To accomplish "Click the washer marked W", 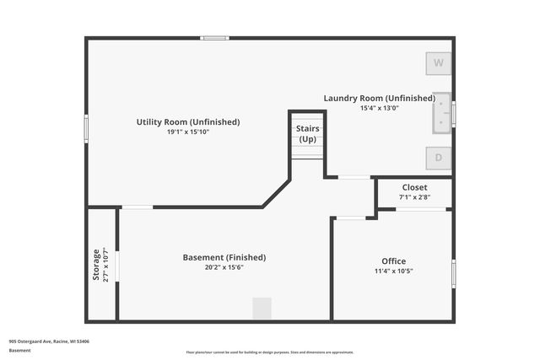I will tap(438, 63).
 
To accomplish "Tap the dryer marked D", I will tap(438, 157).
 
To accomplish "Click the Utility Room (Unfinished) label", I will tap(188, 122).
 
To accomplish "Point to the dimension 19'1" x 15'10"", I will tap(188, 132).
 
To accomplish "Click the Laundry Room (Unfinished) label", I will tap(380, 98).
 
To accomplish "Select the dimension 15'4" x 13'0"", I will tap(380, 108).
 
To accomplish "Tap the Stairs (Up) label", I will tap(307, 133).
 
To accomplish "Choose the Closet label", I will tap(414, 187).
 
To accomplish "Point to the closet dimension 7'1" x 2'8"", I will tap(414, 197).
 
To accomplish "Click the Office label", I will tap(393, 261).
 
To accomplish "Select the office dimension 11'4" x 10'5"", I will tap(393, 271).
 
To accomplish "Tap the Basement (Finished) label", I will tap(224, 257).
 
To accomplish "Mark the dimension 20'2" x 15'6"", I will tap(224, 267).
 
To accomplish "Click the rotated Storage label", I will tap(95, 264).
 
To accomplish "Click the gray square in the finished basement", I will tap(262, 308).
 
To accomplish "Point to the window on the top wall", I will tap(215, 38).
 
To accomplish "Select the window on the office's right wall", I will tap(453, 273).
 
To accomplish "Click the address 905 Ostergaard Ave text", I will tap(49, 341).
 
